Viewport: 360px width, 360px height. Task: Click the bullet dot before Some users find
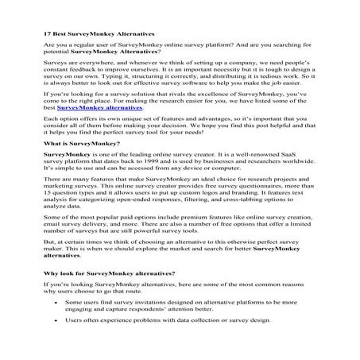[x=55, y=326]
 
